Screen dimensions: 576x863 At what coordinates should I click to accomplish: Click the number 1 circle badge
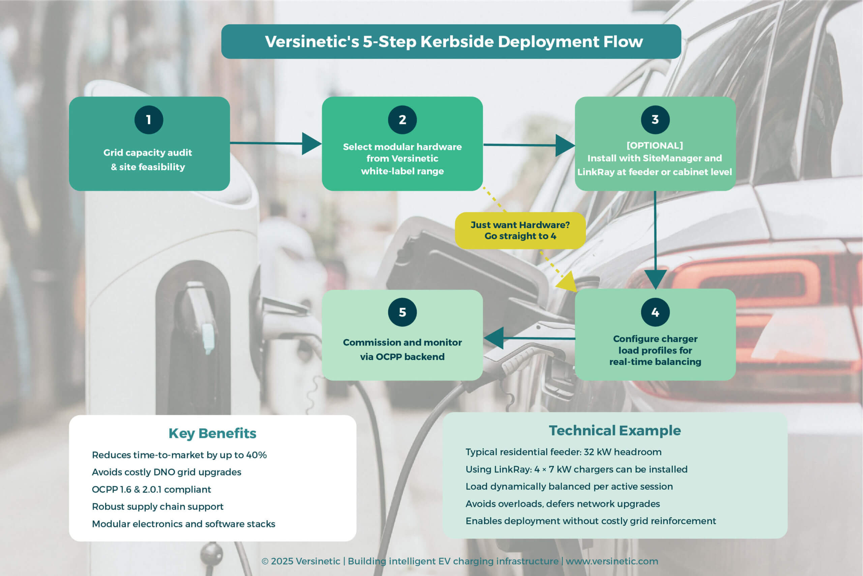click(149, 120)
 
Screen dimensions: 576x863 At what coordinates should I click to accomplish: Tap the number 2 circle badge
click(402, 120)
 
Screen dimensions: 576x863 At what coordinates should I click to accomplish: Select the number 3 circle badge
click(655, 120)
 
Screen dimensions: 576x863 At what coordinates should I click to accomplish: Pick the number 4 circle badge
click(655, 312)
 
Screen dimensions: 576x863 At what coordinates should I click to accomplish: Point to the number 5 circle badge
click(402, 312)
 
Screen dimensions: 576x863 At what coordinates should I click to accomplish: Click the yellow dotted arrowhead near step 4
click(568, 283)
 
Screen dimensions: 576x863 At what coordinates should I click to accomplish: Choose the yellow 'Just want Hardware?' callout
click(520, 230)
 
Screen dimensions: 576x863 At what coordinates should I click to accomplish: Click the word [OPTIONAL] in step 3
click(655, 146)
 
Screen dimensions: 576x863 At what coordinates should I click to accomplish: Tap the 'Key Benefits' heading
click(212, 433)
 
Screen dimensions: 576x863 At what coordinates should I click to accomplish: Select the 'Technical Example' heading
click(615, 430)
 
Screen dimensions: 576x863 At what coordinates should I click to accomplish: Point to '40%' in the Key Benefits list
click(256, 455)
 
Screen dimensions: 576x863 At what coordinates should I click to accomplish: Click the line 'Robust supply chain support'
click(158, 507)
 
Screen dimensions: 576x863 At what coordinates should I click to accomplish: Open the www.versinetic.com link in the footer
click(612, 561)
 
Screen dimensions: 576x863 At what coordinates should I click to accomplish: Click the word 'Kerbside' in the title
click(457, 41)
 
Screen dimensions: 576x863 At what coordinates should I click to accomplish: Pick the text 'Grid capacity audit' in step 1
click(148, 152)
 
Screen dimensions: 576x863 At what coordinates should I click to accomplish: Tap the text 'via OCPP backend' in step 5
click(402, 357)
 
